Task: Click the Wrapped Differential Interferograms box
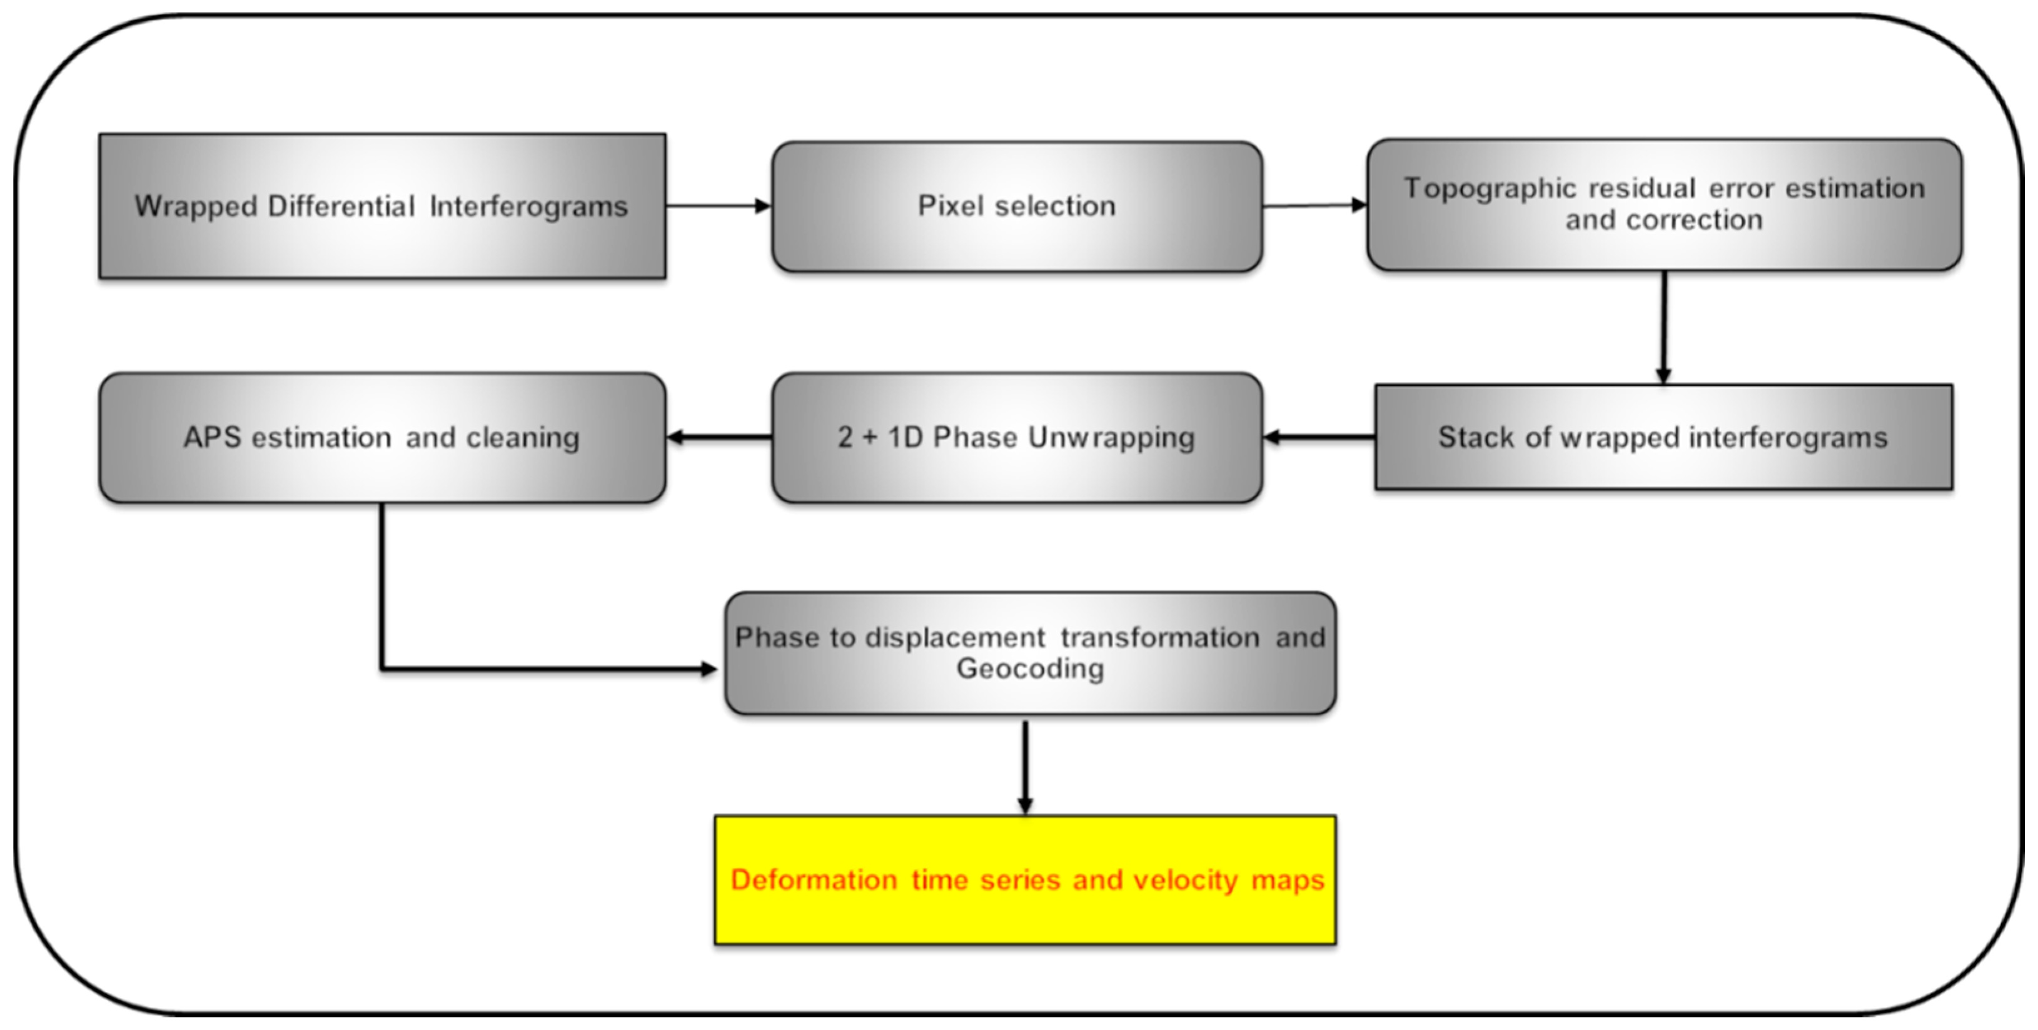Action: [x=382, y=206]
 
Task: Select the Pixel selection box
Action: [x=1017, y=206]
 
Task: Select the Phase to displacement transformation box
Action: [x=1030, y=654]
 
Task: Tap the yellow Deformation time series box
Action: [x=1026, y=880]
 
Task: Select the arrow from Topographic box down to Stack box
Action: [x=1664, y=326]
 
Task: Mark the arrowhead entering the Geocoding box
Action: [x=708, y=669]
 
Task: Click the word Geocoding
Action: [x=1030, y=669]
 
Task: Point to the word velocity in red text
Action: [x=1185, y=881]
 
